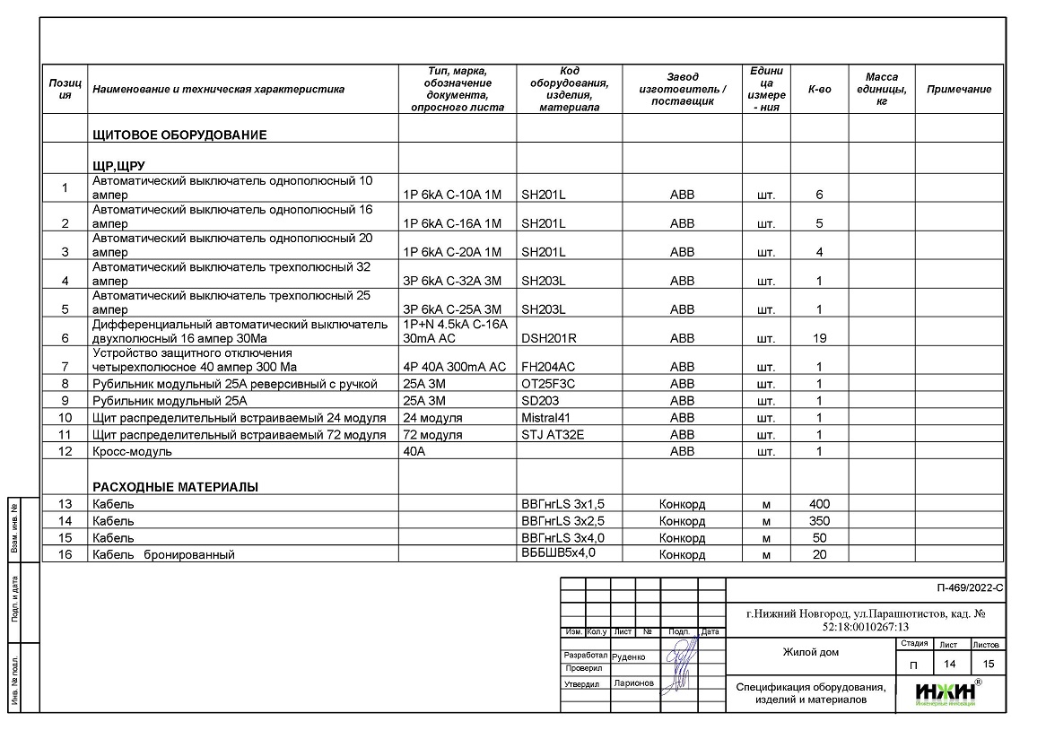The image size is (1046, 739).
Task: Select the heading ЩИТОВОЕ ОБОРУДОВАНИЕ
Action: point(179,135)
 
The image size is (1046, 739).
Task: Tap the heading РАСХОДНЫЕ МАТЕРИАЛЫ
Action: point(175,487)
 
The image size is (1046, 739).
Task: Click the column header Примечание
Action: point(959,90)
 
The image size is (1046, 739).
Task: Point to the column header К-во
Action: point(819,90)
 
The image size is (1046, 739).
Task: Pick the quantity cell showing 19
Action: point(819,338)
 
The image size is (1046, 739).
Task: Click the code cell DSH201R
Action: point(549,338)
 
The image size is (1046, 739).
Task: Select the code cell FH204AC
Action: point(549,367)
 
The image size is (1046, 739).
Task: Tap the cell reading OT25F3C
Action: point(548,384)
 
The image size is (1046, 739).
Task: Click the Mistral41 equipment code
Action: point(546,418)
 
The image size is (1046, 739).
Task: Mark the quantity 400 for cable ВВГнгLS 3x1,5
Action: point(819,504)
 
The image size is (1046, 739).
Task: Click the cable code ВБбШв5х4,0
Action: point(558,553)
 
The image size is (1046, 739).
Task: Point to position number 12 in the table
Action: point(65,452)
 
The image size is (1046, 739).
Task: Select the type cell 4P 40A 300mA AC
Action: point(455,367)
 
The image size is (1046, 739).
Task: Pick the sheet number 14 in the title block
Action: point(948,665)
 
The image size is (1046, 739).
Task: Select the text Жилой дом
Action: point(810,652)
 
